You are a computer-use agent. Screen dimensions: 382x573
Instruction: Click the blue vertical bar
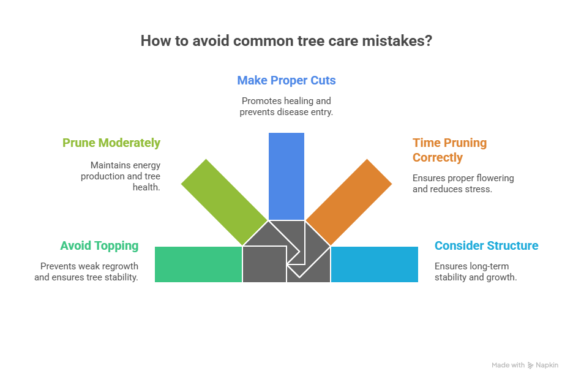[x=286, y=176]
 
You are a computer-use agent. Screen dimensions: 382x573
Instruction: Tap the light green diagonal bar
[x=224, y=201]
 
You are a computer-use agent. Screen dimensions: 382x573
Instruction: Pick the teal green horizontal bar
[x=198, y=264]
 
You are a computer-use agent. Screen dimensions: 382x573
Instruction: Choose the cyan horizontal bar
[x=375, y=264]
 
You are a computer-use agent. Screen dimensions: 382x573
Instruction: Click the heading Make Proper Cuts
[x=286, y=80]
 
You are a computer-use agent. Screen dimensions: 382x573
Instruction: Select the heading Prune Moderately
[x=111, y=143]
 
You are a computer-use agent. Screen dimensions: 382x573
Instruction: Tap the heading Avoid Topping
[x=99, y=246]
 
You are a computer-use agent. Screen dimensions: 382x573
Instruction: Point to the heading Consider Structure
[x=487, y=246]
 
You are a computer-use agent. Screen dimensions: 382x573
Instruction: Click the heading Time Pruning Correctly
[x=449, y=150]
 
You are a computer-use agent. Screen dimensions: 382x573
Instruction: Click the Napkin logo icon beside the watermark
[x=530, y=365]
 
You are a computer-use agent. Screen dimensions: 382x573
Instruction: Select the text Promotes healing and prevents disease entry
[x=286, y=107]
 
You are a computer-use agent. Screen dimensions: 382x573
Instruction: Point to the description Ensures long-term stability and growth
[x=476, y=272]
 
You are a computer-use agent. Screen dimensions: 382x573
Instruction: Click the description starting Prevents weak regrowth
[x=89, y=272]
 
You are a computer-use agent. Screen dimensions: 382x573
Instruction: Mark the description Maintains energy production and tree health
[x=125, y=176]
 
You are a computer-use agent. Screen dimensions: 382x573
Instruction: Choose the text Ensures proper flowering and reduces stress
[x=463, y=184]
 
